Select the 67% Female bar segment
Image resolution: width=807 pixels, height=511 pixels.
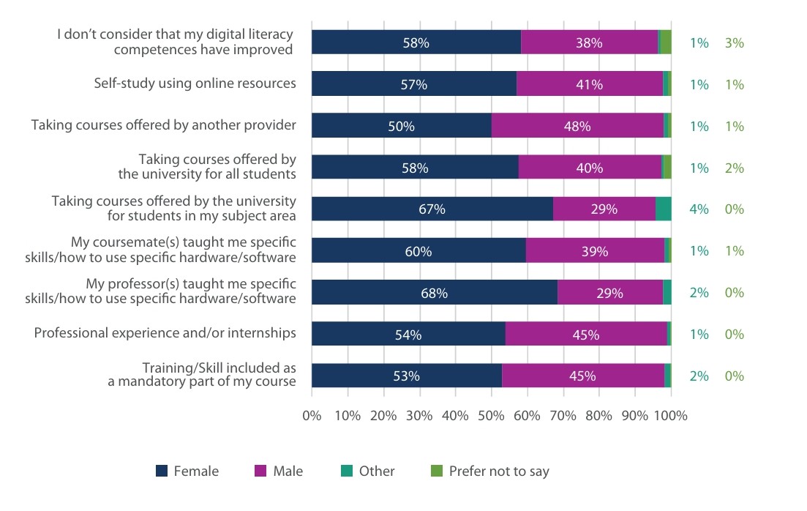tap(432, 209)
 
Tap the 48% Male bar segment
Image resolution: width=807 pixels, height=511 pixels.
tap(577, 126)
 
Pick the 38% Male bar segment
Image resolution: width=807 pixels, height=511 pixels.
tap(589, 42)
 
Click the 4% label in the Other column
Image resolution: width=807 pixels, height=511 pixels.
tap(699, 209)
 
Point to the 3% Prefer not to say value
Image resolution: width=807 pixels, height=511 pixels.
tap(734, 42)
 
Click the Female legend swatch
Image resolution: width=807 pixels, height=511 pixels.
tap(162, 471)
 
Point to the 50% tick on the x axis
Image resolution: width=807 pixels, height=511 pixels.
tap(491, 416)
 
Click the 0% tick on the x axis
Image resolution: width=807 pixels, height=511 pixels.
tap(312, 416)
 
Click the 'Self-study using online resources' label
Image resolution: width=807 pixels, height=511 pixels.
tap(195, 83)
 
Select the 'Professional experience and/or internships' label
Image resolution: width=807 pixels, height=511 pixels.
tap(165, 333)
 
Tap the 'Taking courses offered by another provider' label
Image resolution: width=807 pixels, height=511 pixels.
tap(163, 125)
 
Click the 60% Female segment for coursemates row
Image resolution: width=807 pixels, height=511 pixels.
tap(418, 251)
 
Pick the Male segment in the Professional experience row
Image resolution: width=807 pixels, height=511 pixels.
tap(586, 335)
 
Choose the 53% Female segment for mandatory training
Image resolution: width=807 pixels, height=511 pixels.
tap(407, 376)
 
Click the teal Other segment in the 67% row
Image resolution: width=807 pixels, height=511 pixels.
tap(663, 209)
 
